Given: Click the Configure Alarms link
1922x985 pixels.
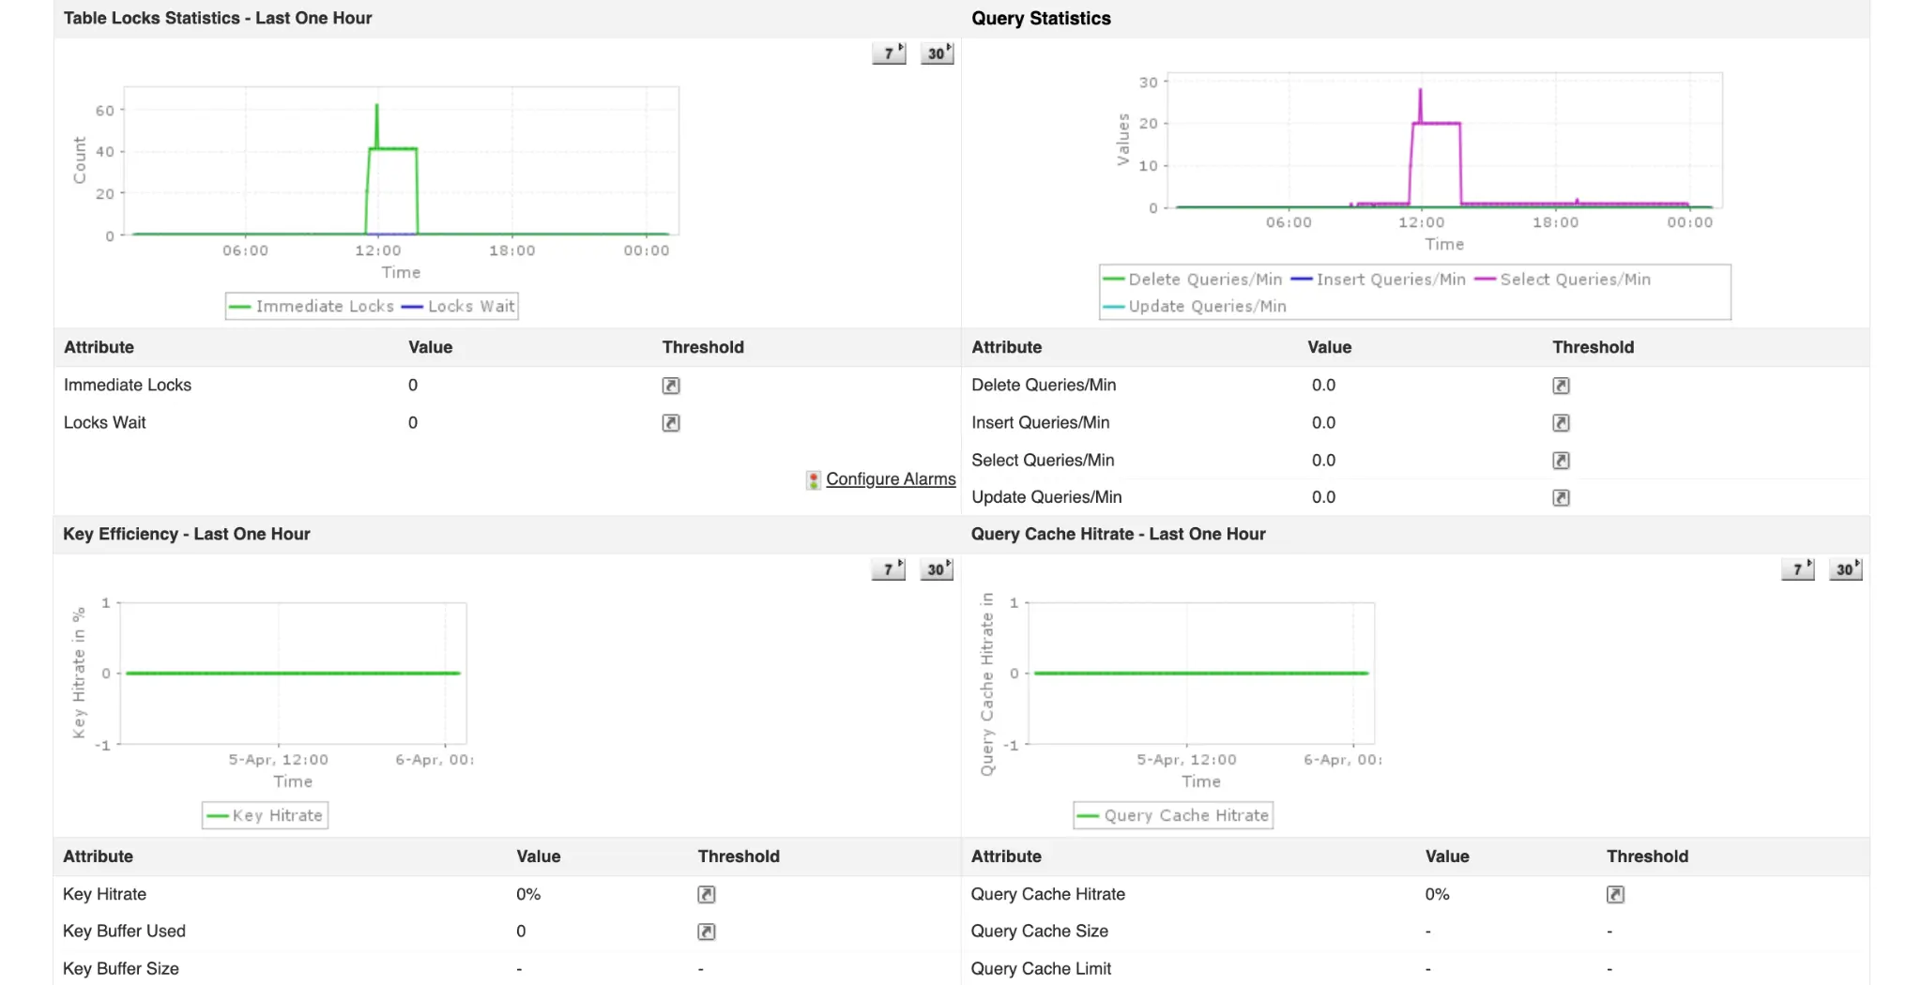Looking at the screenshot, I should click(x=890, y=479).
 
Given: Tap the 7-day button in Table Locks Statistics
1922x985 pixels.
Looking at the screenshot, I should click(x=889, y=53).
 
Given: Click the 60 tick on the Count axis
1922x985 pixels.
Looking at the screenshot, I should click(x=104, y=111).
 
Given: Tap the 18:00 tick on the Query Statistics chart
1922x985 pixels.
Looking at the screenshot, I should click(x=1555, y=222).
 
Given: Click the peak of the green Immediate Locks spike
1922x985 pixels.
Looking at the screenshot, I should click(x=377, y=105).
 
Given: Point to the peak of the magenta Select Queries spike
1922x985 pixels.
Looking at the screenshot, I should click(x=1420, y=90).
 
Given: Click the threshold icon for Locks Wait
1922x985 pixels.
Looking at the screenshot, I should click(x=671, y=423).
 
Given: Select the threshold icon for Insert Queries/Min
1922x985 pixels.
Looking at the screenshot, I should click(x=1561, y=423).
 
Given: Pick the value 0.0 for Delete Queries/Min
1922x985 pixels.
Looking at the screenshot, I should click(x=1323, y=386).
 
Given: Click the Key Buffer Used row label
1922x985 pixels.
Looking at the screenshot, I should click(x=124, y=932).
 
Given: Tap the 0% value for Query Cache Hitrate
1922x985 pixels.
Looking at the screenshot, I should click(x=1437, y=895).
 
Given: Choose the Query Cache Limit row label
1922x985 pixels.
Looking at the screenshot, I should click(x=1041, y=969).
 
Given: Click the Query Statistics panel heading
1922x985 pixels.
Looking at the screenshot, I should click(x=1041, y=19).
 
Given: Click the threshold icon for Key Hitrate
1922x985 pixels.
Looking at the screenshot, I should click(x=707, y=895).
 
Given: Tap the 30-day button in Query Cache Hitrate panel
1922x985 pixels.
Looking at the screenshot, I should click(x=1845, y=569).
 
